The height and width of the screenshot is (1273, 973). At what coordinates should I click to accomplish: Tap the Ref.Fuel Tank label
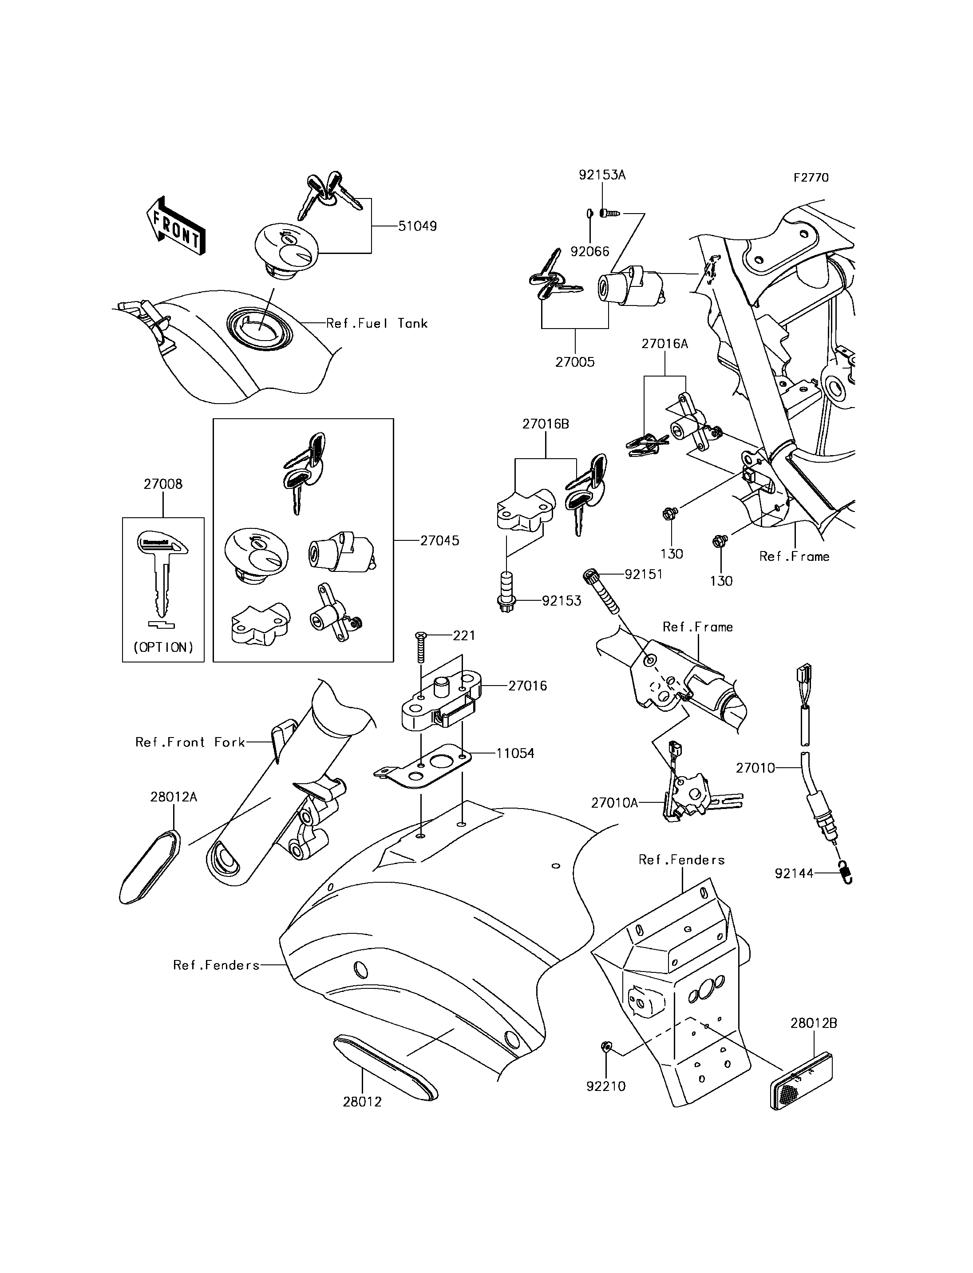pyautogui.click(x=377, y=323)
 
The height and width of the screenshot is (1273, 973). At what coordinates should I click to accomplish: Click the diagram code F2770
pyautogui.click(x=811, y=177)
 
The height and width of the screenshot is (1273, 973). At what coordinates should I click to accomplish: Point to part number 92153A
pyautogui.click(x=602, y=174)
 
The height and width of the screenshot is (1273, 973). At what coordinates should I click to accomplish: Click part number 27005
pyautogui.click(x=575, y=362)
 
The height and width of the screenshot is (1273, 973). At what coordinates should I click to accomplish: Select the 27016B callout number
pyautogui.click(x=546, y=424)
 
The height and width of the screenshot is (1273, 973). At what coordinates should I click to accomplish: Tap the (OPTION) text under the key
pyautogui.click(x=163, y=647)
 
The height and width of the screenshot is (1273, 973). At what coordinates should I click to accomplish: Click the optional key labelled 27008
pyautogui.click(x=162, y=574)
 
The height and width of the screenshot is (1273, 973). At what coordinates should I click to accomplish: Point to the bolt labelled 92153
pyautogui.click(x=506, y=591)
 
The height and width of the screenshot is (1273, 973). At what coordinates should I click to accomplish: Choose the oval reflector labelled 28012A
pyautogui.click(x=150, y=866)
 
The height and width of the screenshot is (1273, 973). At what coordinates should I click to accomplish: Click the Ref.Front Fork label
pyautogui.click(x=190, y=742)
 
